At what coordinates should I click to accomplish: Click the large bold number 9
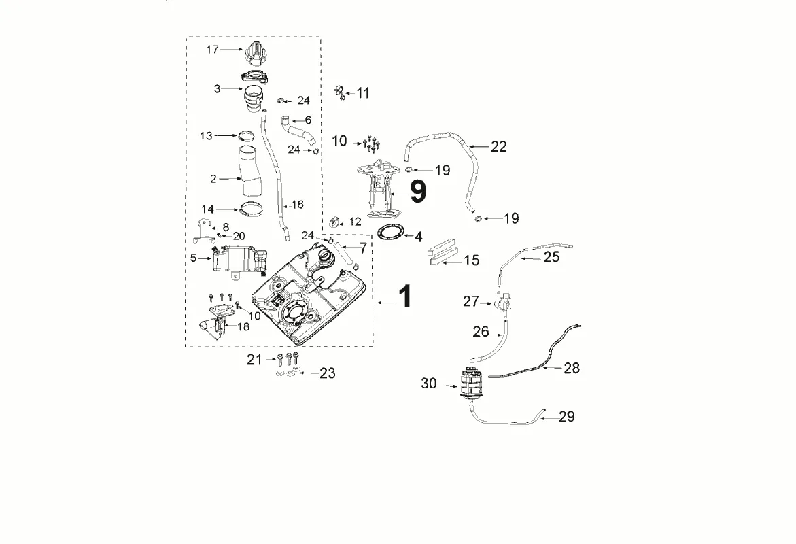point(418,192)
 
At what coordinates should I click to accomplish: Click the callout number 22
point(498,147)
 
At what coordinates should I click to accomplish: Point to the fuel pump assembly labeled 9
point(379,188)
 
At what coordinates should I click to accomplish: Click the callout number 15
point(472,260)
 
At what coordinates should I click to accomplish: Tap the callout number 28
point(572,369)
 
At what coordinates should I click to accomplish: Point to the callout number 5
point(194,258)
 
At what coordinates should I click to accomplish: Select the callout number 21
point(254,360)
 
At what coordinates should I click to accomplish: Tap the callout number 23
point(328,373)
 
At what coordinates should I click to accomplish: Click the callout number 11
point(363,93)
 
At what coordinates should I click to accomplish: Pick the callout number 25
point(552,257)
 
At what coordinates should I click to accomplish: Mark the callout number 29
point(566,417)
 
